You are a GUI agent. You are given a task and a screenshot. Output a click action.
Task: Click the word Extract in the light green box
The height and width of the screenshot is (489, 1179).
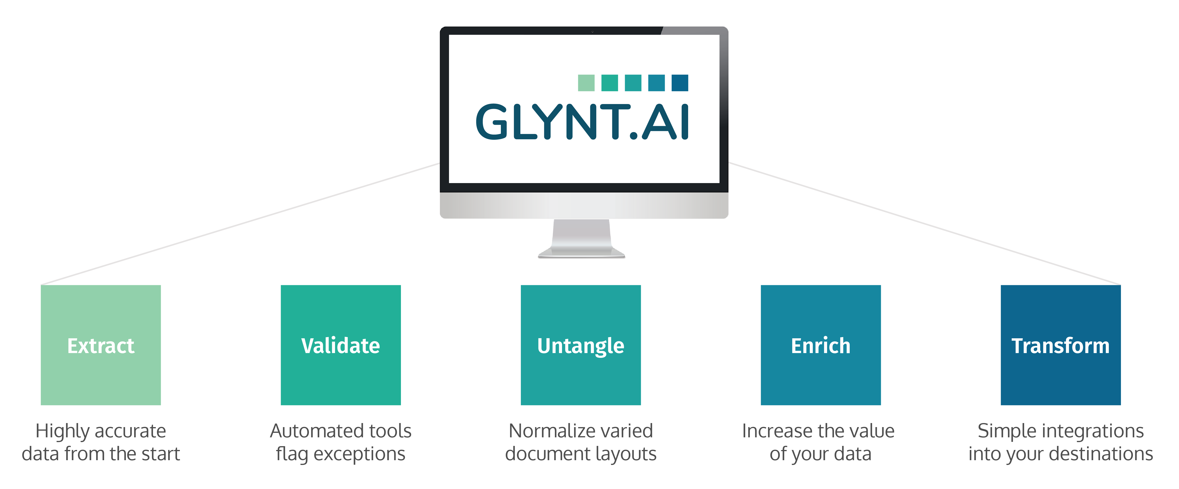(101, 346)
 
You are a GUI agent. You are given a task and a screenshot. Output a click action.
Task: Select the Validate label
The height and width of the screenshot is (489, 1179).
(340, 346)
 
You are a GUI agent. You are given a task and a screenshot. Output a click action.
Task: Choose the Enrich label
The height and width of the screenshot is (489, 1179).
(821, 346)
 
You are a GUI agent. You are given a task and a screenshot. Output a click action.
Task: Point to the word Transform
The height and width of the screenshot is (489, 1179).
(1061, 346)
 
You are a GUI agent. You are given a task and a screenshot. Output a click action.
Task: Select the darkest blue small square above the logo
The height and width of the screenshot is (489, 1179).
(680, 83)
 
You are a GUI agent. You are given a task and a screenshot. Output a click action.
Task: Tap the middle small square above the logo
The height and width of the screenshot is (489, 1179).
(633, 83)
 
